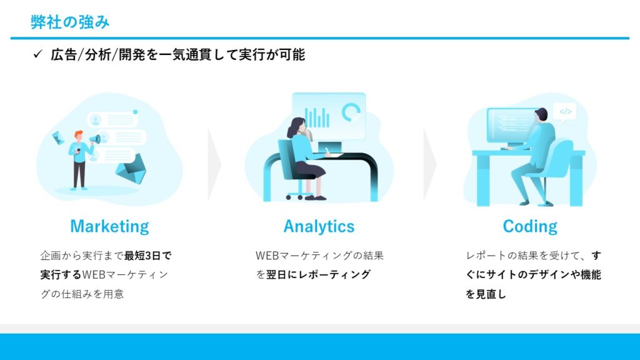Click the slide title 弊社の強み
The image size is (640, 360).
(x=70, y=22)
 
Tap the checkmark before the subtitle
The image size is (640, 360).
(x=37, y=54)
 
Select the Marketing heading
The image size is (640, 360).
(x=109, y=226)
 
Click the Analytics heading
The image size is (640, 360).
(x=319, y=226)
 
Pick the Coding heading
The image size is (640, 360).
(x=530, y=226)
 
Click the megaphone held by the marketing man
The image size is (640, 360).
(x=95, y=139)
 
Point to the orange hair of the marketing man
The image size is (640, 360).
(x=78, y=134)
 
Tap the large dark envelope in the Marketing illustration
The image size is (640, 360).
(x=131, y=169)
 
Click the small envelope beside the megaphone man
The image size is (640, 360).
(x=58, y=137)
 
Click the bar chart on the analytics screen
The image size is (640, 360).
(x=317, y=117)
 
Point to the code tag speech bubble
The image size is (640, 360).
(x=565, y=112)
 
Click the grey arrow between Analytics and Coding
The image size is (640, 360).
(x=430, y=164)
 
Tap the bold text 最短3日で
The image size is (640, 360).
(x=147, y=256)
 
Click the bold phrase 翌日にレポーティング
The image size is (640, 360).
(x=318, y=274)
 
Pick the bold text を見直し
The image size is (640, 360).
(x=486, y=294)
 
